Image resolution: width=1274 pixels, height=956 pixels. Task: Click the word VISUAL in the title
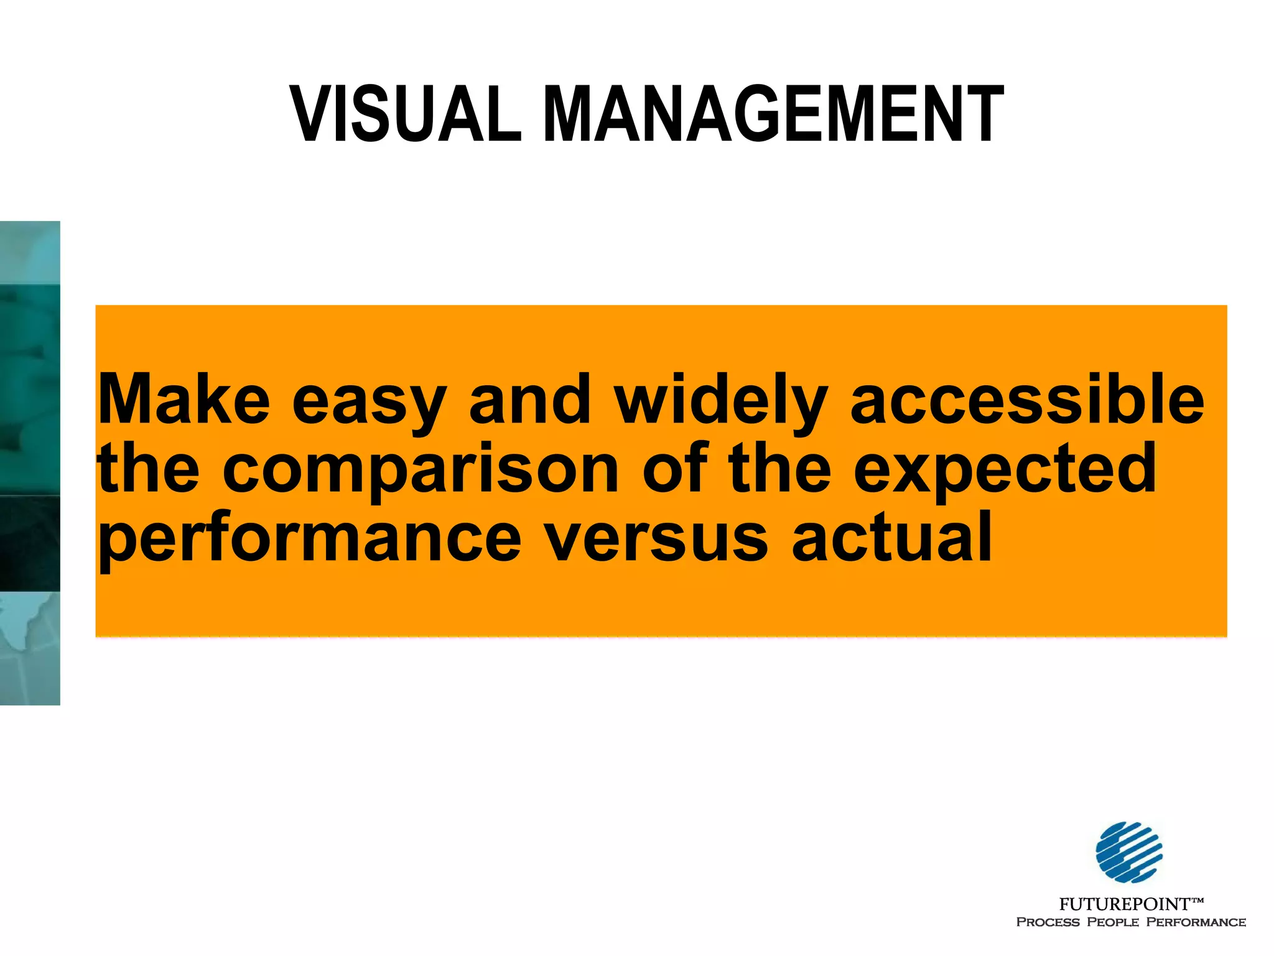[x=406, y=115]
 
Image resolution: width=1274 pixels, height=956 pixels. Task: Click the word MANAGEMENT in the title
[x=773, y=115]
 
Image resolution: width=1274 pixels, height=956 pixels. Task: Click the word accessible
[x=1027, y=399]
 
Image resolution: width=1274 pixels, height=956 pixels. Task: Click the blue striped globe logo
[x=1129, y=852]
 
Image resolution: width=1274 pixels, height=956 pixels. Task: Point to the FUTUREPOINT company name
[x=1123, y=904]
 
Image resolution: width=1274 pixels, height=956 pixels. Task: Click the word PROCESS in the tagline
[x=1048, y=922]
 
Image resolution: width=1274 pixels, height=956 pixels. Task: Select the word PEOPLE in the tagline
[x=1113, y=922]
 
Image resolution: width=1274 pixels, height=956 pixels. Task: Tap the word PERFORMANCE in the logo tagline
[x=1196, y=922]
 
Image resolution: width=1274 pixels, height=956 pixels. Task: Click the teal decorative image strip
[x=30, y=463]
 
